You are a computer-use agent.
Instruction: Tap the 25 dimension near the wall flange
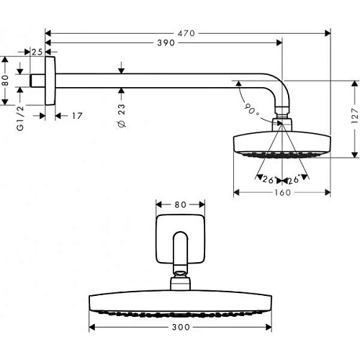click(x=37, y=50)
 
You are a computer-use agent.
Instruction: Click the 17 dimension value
click(x=76, y=115)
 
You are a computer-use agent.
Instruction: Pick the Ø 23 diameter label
click(x=120, y=114)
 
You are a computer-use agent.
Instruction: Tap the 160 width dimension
click(x=282, y=192)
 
